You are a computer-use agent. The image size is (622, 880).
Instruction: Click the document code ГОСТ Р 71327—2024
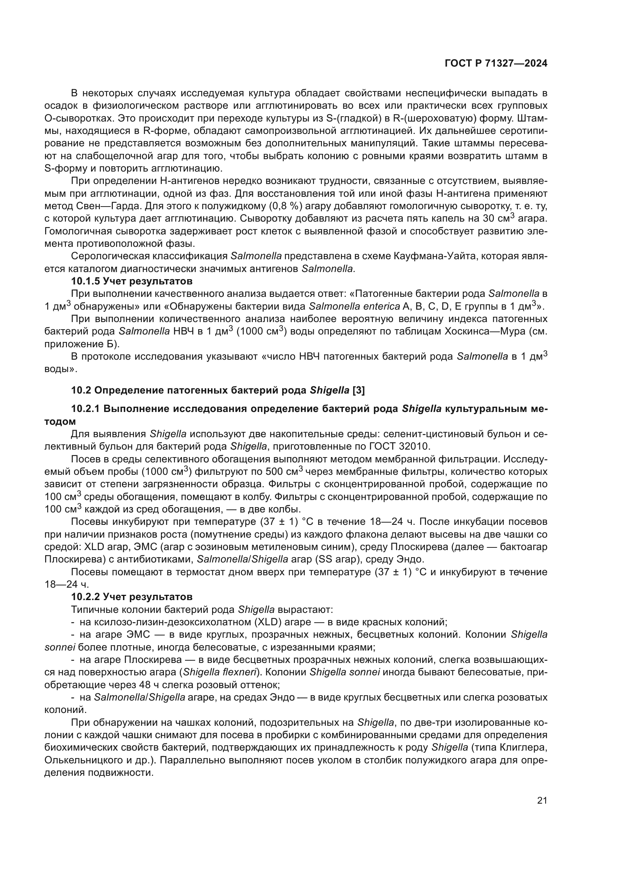[496, 64]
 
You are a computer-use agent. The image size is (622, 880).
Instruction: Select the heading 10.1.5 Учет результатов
[131, 281]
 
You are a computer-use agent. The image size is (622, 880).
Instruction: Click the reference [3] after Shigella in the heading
[358, 390]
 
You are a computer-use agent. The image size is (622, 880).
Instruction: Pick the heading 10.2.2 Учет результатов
[131, 597]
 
